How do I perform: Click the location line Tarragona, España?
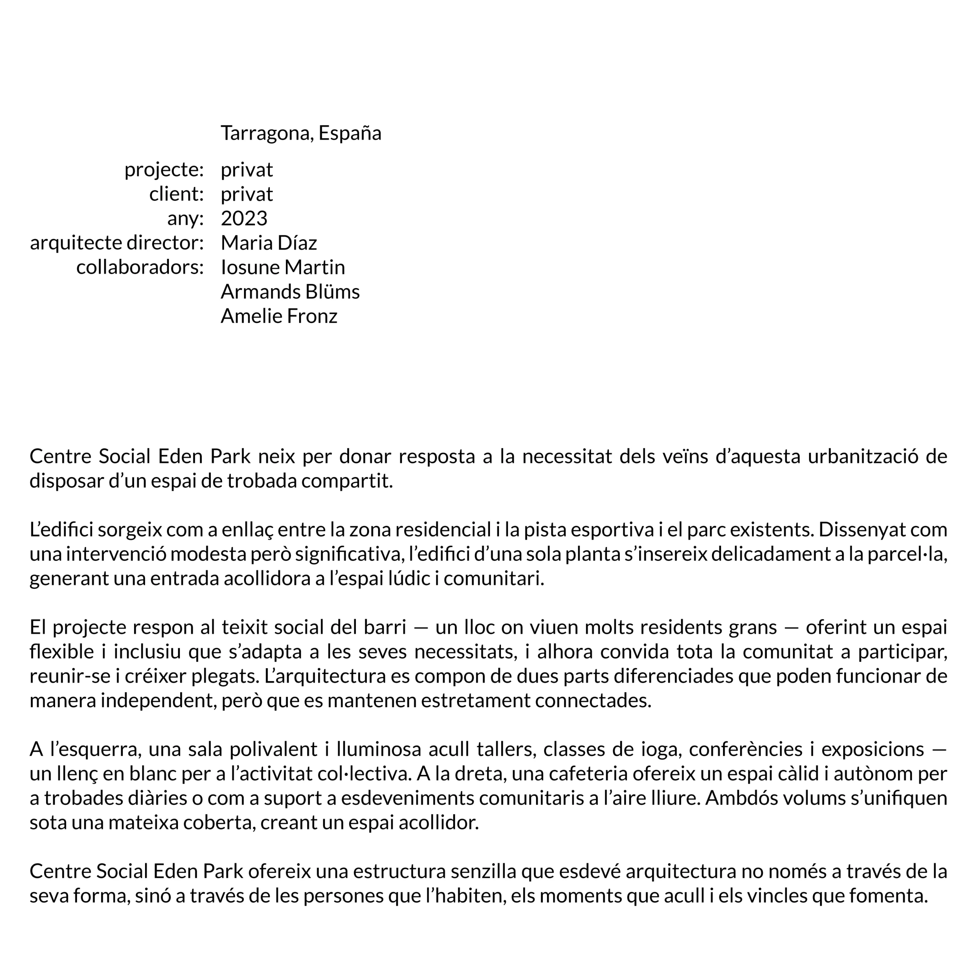(x=301, y=133)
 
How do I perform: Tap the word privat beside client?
(x=247, y=194)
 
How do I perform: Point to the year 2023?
(x=244, y=219)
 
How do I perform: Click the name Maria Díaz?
(x=269, y=243)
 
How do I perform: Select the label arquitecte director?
(x=117, y=243)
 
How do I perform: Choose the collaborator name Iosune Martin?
(x=283, y=267)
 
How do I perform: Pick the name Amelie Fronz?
(x=279, y=316)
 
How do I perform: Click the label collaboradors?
(x=140, y=267)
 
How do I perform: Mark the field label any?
(x=185, y=219)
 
